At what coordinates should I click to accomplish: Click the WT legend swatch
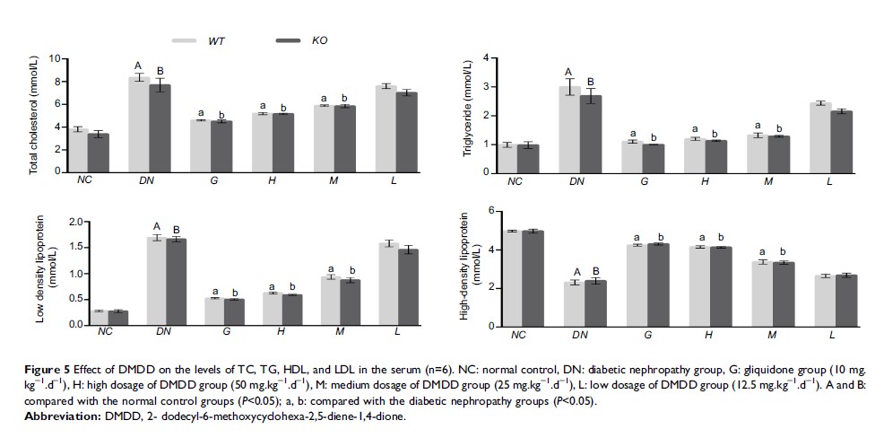[184, 40]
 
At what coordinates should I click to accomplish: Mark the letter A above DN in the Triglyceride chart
[568, 73]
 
